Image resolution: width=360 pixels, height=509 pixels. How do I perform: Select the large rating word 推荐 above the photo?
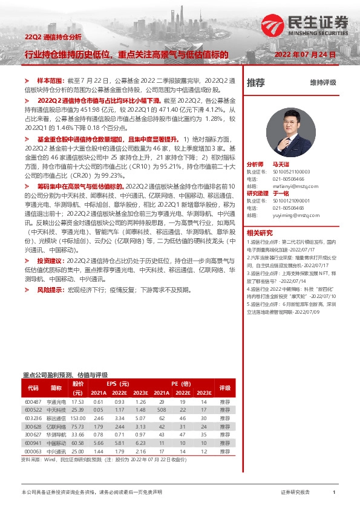click(x=256, y=83)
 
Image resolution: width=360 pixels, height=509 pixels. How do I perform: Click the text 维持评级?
click(x=323, y=83)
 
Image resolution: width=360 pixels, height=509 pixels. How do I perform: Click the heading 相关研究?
click(x=260, y=233)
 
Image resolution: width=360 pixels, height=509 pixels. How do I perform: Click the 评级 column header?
click(x=225, y=387)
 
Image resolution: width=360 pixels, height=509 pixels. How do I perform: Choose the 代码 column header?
click(x=33, y=387)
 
